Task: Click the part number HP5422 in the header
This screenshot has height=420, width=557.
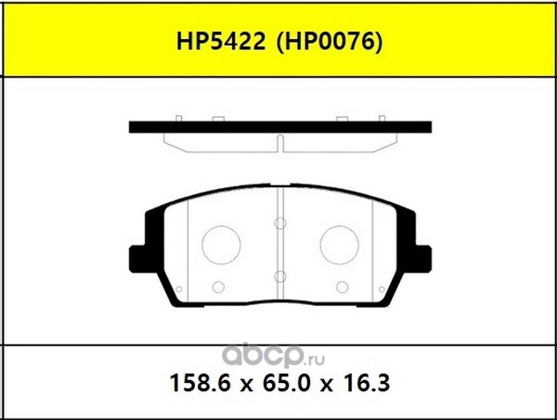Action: (x=221, y=43)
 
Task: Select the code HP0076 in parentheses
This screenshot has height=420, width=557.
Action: (x=330, y=43)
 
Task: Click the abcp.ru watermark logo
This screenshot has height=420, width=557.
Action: (x=273, y=356)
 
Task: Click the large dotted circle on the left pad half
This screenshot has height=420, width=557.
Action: (x=221, y=245)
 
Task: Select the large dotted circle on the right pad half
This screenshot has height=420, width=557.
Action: (x=339, y=245)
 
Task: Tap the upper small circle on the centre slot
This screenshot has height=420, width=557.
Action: (x=280, y=223)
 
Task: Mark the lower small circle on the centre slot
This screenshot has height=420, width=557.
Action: (x=280, y=276)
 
